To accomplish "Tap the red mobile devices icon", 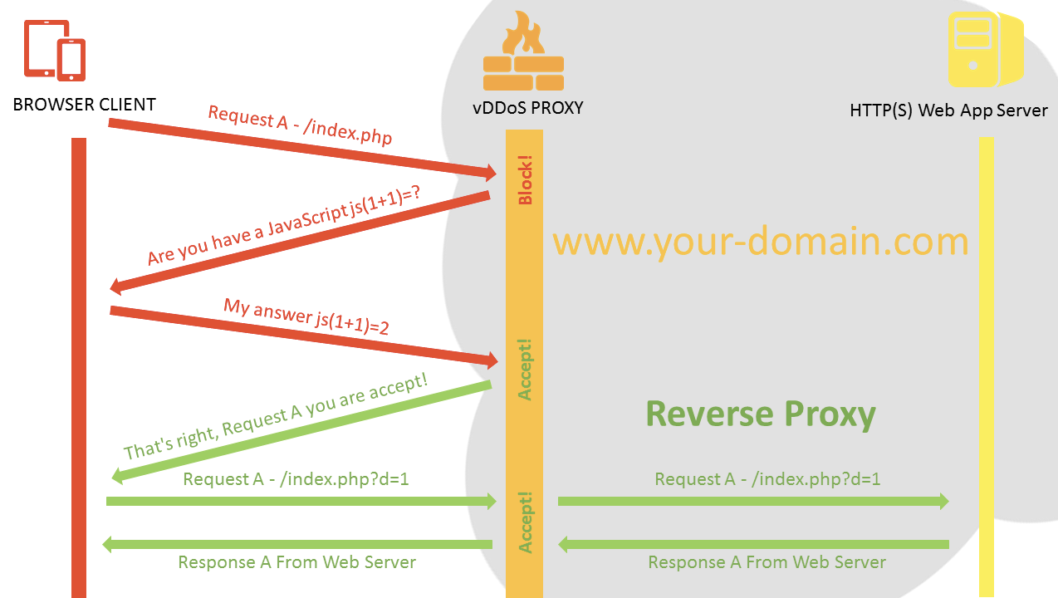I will [x=55, y=51].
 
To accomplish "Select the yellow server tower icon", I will [x=984, y=49].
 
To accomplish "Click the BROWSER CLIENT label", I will [x=84, y=105].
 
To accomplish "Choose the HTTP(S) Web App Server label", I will [x=948, y=110].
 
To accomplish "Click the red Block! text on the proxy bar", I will [x=525, y=179].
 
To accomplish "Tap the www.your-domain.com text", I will [x=760, y=241].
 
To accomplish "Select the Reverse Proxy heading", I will [x=760, y=414].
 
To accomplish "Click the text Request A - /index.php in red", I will [x=299, y=125].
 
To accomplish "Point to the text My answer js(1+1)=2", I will [x=306, y=316].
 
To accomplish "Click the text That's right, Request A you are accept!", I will [x=276, y=416].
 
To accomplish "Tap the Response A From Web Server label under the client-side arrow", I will [x=296, y=562].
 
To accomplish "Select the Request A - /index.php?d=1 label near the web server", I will [x=767, y=479].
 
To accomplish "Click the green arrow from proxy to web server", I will [x=752, y=501].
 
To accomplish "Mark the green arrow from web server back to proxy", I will [x=752, y=544].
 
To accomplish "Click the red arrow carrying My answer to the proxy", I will [x=303, y=336].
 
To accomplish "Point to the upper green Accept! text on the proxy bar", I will [x=525, y=370].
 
